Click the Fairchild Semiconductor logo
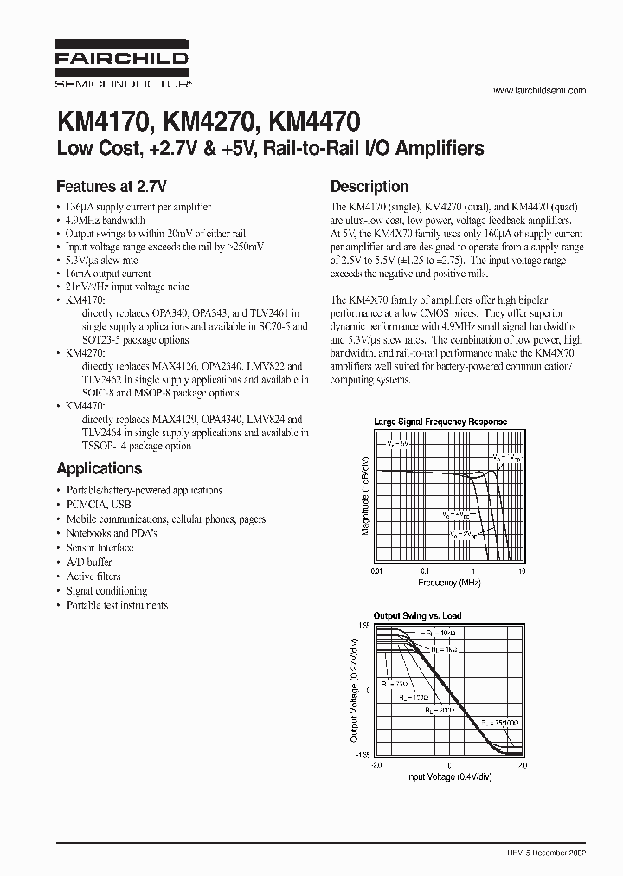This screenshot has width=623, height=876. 122,64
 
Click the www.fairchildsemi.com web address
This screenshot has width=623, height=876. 539,91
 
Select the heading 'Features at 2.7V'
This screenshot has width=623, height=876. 111,186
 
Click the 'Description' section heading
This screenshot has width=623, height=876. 369,186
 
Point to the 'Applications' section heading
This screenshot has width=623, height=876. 99,468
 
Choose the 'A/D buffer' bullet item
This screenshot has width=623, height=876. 89,562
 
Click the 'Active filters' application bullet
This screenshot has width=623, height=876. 93,576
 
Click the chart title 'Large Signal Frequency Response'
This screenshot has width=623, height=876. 440,422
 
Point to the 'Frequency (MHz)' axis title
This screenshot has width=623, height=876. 448,583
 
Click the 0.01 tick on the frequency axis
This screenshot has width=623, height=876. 376,572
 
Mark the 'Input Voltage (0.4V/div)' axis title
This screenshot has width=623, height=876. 448,776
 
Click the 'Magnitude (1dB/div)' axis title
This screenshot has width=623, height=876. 365,497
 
